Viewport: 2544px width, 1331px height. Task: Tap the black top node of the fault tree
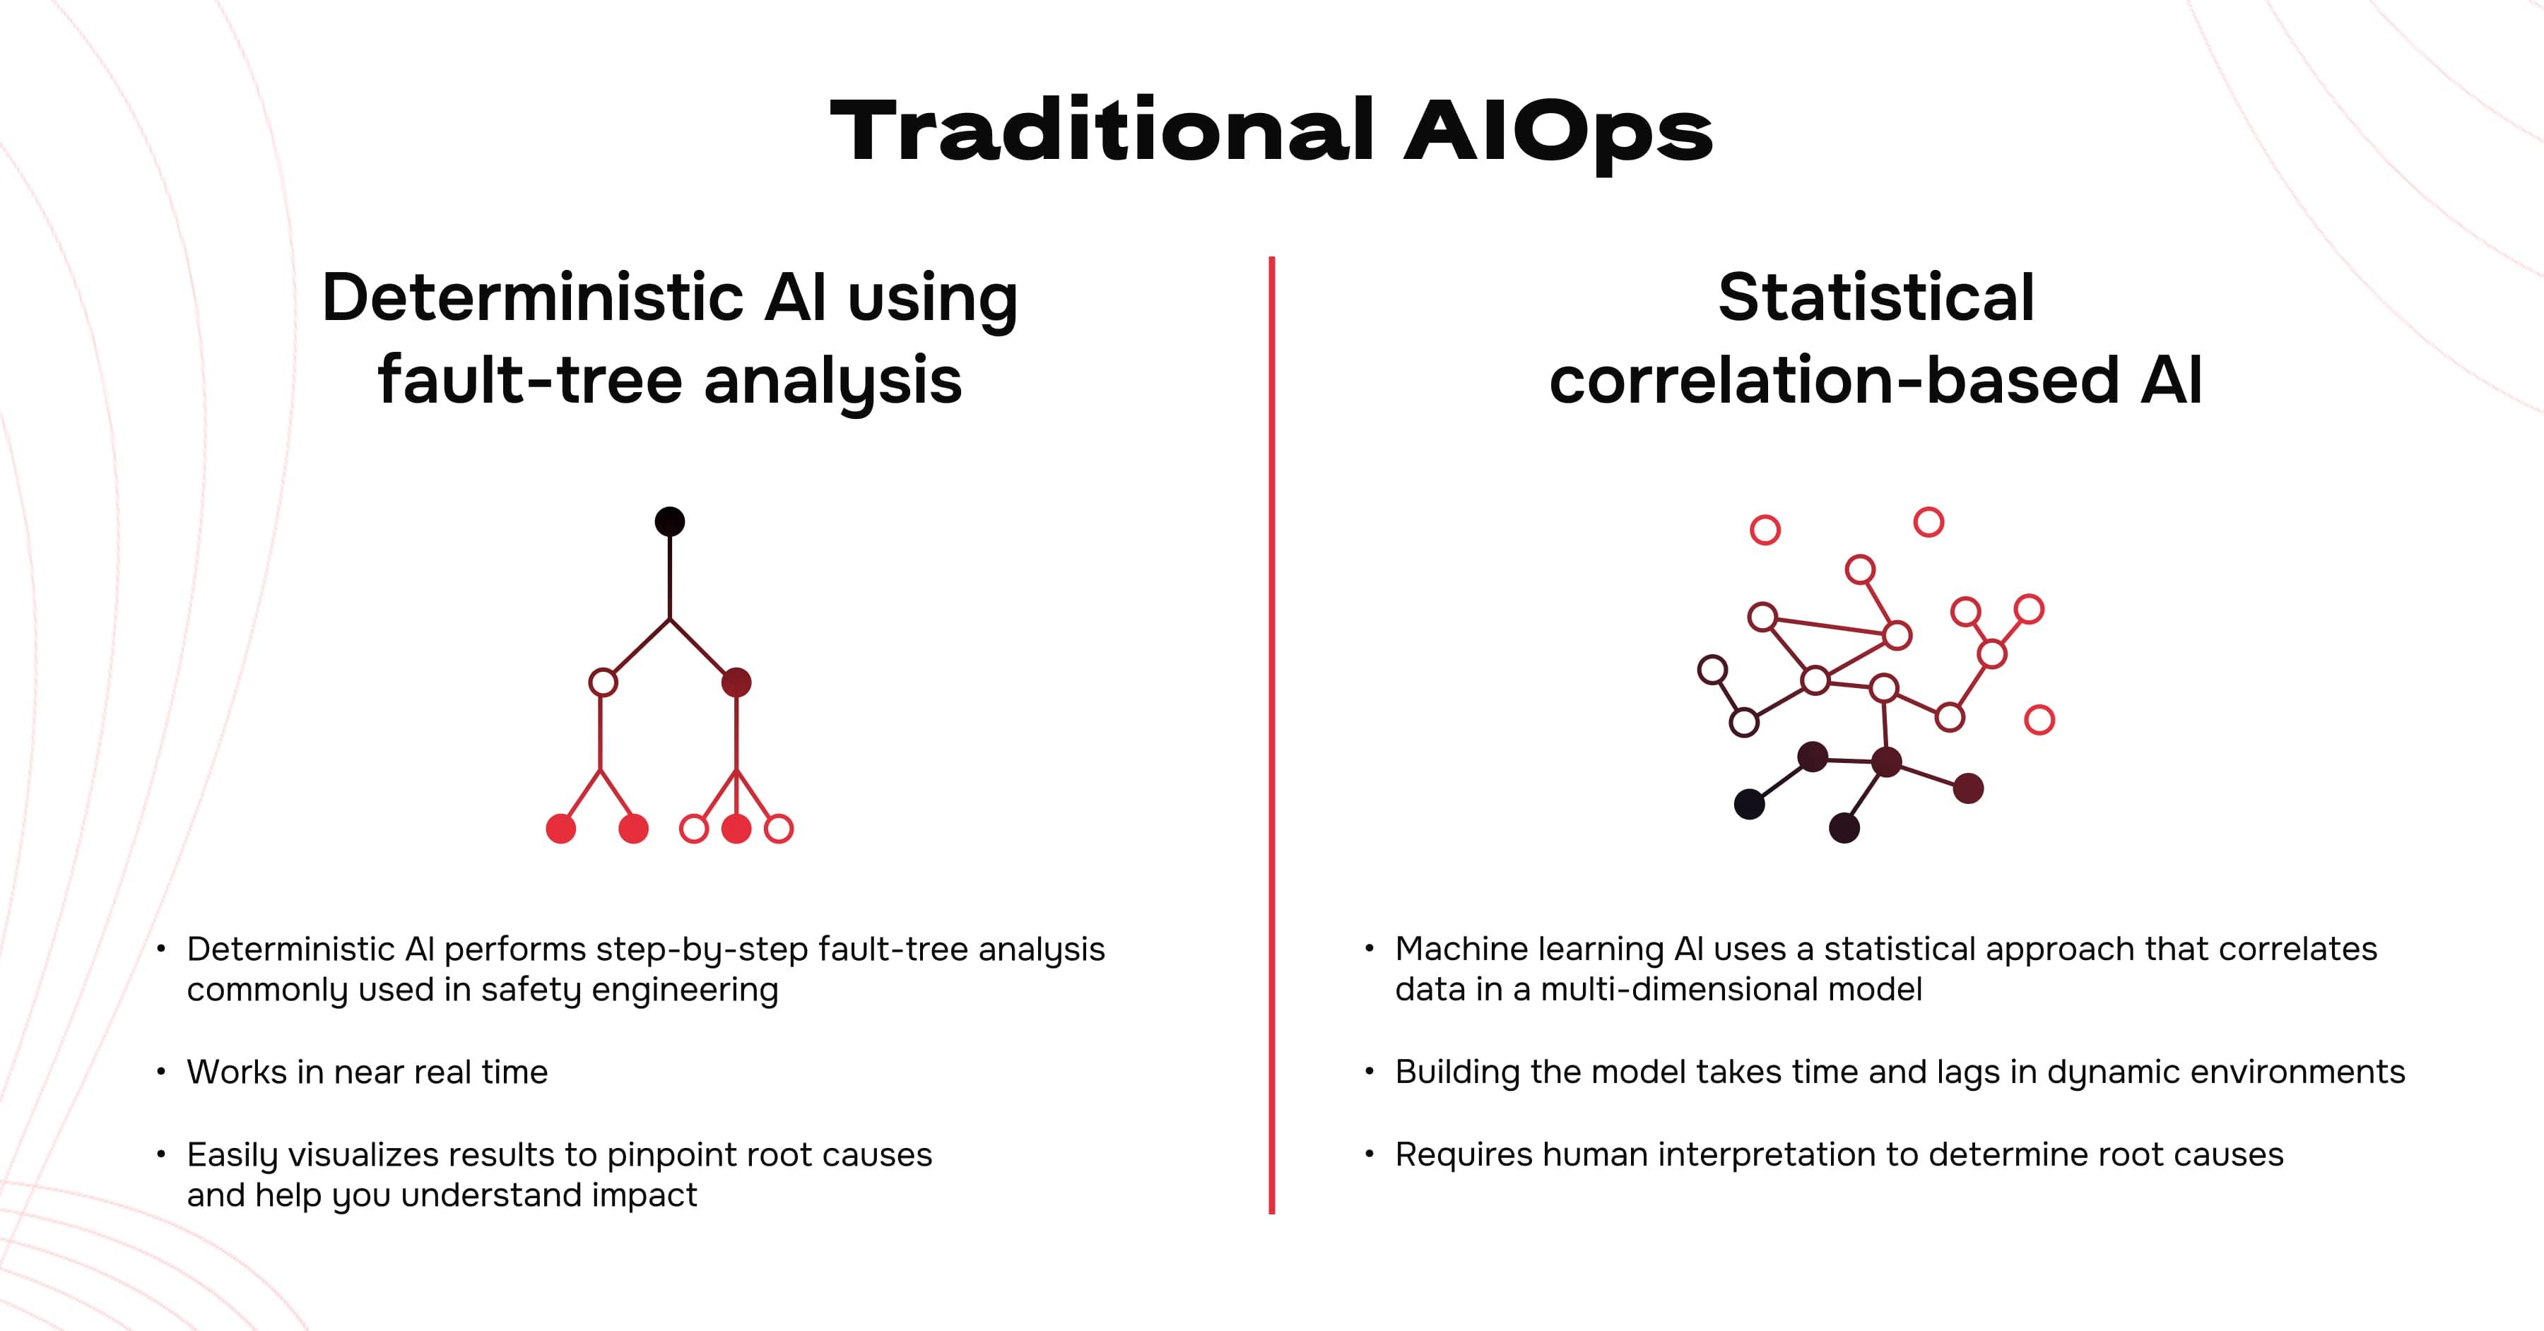click(670, 521)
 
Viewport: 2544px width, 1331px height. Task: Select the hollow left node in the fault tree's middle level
click(602, 682)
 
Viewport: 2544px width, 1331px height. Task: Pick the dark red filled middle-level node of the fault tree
click(737, 682)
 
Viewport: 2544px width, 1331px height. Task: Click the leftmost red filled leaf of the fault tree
click(561, 829)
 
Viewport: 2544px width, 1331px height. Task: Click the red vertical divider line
click(1272, 735)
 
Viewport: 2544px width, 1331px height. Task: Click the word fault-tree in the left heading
click(529, 380)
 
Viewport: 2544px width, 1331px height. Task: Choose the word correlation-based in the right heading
click(1834, 380)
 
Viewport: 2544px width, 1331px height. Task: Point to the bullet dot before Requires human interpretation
click(1369, 1153)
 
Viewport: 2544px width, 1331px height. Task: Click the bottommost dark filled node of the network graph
click(1844, 827)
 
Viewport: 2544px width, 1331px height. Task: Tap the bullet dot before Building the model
click(1369, 1070)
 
